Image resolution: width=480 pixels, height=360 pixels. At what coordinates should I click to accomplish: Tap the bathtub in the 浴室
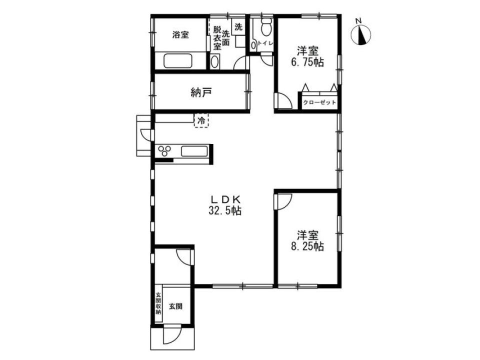pyautogui.click(x=177, y=61)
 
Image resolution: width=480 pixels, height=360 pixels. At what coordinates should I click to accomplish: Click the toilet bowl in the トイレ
pyautogui.click(x=266, y=27)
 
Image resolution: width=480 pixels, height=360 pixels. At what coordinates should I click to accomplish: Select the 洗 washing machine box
pyautogui.click(x=238, y=27)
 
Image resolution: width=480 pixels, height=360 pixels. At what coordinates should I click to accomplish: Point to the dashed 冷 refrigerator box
pyautogui.click(x=201, y=120)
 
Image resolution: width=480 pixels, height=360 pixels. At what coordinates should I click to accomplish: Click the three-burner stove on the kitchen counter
pyautogui.click(x=164, y=150)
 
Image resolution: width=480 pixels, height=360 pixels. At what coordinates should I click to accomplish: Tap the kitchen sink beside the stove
pyautogui.click(x=194, y=151)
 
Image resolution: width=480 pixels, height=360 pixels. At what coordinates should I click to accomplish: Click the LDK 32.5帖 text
pyautogui.click(x=225, y=205)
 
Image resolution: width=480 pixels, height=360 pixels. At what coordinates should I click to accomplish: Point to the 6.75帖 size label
pyautogui.click(x=307, y=62)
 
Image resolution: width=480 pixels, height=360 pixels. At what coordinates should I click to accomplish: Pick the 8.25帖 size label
pyautogui.click(x=307, y=246)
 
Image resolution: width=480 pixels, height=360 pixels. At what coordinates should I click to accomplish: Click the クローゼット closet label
pyautogui.click(x=319, y=102)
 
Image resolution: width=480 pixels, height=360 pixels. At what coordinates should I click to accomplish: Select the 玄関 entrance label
pyautogui.click(x=175, y=306)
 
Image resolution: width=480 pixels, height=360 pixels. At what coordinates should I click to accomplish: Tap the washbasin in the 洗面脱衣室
pyautogui.click(x=215, y=61)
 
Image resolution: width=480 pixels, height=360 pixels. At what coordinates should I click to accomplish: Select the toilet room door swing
pyautogui.click(x=267, y=58)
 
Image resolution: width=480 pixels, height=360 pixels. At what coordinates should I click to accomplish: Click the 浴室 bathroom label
pyautogui.click(x=180, y=34)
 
